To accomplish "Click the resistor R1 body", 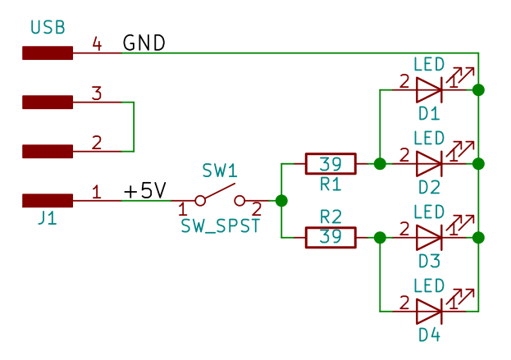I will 331,164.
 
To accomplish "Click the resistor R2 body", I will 331,238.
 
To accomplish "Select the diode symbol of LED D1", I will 429,89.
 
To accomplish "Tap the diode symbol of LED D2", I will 429,164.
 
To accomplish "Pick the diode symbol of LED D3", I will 429,238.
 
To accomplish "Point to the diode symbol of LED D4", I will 429,312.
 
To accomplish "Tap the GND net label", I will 144,43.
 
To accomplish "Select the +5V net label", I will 144,192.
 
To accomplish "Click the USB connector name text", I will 48,29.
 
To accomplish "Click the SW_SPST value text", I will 220,226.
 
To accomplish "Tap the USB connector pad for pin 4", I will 48,53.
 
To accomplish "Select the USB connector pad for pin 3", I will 48,103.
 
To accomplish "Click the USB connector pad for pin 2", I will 48,151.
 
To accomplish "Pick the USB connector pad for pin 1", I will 48,200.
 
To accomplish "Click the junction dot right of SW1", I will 281,200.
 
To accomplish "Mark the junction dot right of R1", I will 380,164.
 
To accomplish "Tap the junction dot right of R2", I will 380,238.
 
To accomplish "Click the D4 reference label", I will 429,335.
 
